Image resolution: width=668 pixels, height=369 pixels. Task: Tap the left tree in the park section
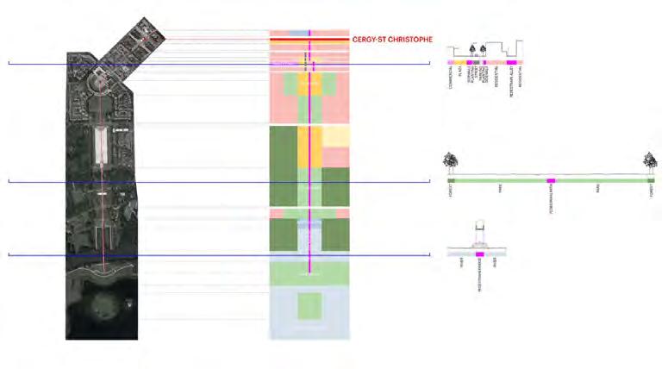click(x=449, y=160)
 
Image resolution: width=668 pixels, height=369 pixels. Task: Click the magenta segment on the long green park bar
click(x=551, y=180)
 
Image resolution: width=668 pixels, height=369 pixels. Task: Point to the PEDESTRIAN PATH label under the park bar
click(x=551, y=200)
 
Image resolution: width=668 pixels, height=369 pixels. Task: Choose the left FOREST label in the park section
click(x=450, y=193)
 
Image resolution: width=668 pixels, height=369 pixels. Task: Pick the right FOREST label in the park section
click(x=652, y=193)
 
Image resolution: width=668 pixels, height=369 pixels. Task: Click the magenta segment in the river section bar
click(x=480, y=256)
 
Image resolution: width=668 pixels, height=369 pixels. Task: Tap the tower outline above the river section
click(x=480, y=234)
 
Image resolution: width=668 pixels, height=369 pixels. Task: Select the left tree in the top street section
click(x=471, y=50)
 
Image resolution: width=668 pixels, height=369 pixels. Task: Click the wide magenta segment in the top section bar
click(x=512, y=63)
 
